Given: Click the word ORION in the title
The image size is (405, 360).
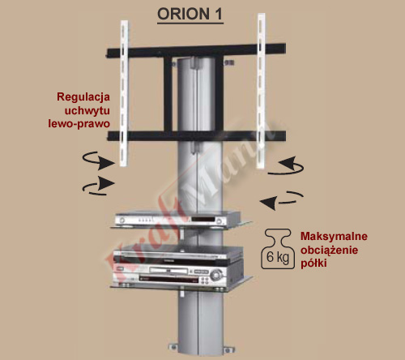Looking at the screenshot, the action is tap(184, 14).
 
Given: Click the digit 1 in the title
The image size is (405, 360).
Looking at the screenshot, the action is tap(219, 14).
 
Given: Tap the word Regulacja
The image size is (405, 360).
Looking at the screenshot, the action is tap(83, 97).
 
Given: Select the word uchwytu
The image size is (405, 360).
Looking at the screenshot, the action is tap(87, 110).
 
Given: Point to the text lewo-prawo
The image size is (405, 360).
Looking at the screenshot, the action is tap(79, 123).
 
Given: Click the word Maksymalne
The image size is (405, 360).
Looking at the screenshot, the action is tap(334, 236).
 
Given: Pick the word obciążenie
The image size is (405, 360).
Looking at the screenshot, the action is tap(330, 250).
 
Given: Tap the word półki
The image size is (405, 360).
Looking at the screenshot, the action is tap(313, 263).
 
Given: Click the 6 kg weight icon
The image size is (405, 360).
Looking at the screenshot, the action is tap(278, 249).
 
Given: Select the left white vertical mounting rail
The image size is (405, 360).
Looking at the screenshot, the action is tap(124, 93).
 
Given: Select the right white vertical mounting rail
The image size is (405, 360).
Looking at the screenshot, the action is tap(261, 91).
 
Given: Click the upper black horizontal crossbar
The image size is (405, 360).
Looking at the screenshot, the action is tap(196, 51).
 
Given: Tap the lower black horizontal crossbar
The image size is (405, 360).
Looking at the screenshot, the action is tap(196, 136).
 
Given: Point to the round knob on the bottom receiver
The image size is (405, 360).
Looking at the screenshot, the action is tap(216, 275).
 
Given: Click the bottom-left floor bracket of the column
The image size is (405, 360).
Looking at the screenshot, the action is tap(173, 347).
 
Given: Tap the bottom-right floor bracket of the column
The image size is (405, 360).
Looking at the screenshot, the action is tap(228, 349).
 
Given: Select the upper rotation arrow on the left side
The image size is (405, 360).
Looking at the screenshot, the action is tap(98, 161).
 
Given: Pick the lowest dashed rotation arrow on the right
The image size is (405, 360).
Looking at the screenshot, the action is tap(281, 200).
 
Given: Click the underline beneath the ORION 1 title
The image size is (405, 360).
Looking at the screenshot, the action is tap(190, 24).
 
